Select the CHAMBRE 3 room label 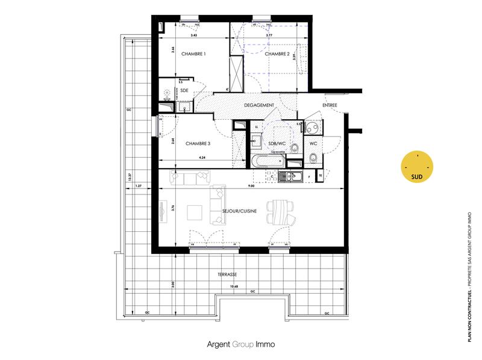[x=198, y=143]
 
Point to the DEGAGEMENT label [x=259, y=105]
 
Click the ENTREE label [x=330, y=105]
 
